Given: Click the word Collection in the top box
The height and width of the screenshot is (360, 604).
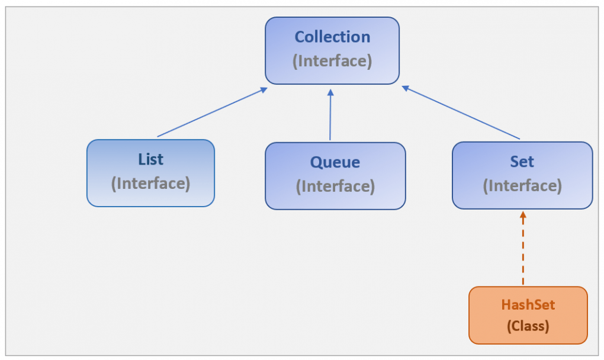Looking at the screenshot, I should pyautogui.click(x=332, y=37).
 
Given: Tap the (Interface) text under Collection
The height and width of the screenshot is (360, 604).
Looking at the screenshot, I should pyautogui.click(x=332, y=60).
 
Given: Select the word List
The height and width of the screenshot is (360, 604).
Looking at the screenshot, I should pyautogui.click(x=150, y=159).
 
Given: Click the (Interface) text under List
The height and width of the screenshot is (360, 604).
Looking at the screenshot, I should pyautogui.click(x=150, y=183).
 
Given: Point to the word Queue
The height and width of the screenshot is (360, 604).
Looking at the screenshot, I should pyautogui.click(x=335, y=162).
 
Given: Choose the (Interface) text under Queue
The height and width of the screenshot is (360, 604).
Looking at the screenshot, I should pyautogui.click(x=335, y=186).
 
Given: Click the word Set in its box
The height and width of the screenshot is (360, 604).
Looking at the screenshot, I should pyautogui.click(x=522, y=162).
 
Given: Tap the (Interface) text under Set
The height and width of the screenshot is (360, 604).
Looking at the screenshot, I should pyautogui.click(x=522, y=185).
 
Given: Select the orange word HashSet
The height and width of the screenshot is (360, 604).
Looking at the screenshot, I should pyautogui.click(x=528, y=305).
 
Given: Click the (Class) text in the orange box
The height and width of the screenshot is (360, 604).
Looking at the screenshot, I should pyautogui.click(x=528, y=326).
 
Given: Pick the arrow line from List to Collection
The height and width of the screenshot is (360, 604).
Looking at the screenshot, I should pyautogui.click(x=210, y=113).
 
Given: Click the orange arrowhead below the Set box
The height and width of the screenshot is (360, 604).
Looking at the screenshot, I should pyautogui.click(x=523, y=216).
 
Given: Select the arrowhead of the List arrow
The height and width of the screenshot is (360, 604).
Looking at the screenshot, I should pyautogui.click(x=262, y=90).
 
